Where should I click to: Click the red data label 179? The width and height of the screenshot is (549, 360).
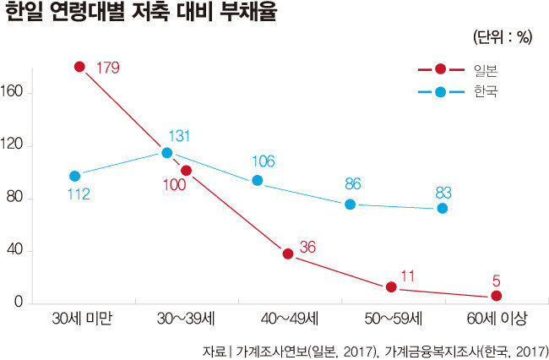point(108,67)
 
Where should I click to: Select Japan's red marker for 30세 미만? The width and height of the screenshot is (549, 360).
point(80,66)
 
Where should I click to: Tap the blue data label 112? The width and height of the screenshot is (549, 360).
point(78,195)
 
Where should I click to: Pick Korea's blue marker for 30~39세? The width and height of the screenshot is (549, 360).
point(167,153)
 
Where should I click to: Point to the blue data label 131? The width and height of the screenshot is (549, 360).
point(179,135)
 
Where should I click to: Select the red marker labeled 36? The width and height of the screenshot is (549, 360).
point(288,254)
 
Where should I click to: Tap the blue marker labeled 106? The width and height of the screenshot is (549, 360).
point(258,181)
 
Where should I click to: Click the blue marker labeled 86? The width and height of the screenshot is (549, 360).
point(351,205)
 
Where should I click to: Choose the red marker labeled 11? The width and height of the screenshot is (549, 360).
point(391,287)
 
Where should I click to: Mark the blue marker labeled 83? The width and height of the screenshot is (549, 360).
point(443,208)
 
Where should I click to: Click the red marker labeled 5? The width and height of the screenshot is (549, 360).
point(497,296)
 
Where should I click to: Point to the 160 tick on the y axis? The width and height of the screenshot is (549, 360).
point(19,93)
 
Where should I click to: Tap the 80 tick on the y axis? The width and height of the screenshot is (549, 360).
point(23,199)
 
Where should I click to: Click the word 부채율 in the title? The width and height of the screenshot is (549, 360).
point(247,14)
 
